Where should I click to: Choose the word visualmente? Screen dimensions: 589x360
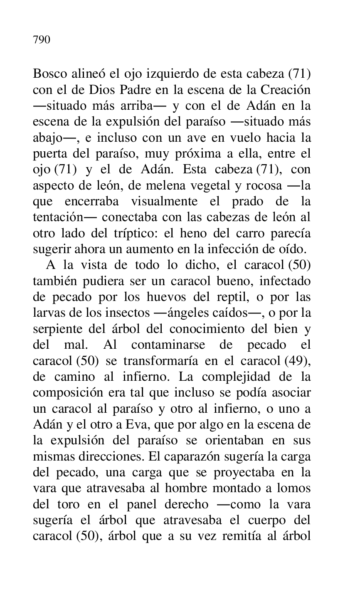pyautogui.click(x=164, y=202)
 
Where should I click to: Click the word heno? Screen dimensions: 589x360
pyautogui.click(x=179, y=233)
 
